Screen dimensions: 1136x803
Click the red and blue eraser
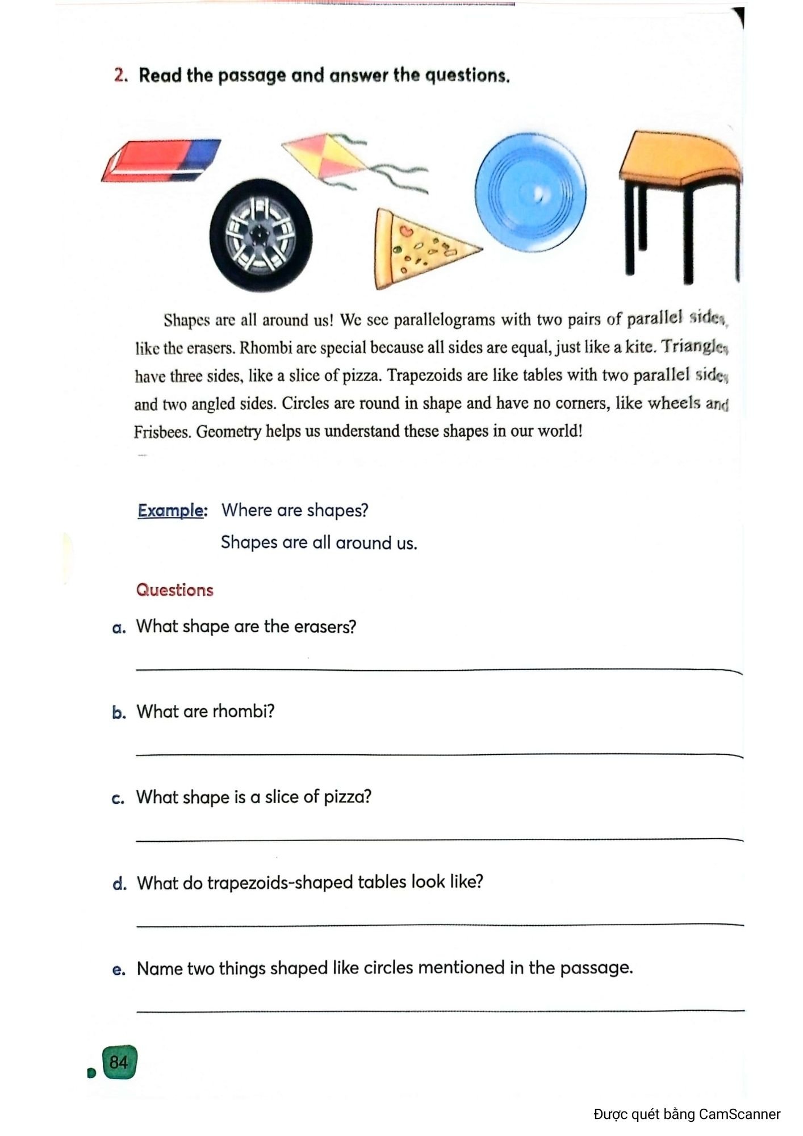tap(161, 160)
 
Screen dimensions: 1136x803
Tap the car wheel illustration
tap(261, 235)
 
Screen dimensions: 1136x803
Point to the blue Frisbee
tap(530, 193)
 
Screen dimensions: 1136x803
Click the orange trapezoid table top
tap(679, 158)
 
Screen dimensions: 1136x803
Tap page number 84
tap(119, 1062)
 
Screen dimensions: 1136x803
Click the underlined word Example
tap(170, 510)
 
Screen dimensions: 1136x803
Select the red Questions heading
tap(175, 590)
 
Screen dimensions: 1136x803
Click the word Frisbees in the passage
tap(162, 432)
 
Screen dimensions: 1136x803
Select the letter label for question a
tap(119, 628)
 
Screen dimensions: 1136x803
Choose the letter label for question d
tap(119, 883)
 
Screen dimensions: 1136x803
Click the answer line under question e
tap(440, 1010)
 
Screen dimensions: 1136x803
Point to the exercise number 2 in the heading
tap(119, 76)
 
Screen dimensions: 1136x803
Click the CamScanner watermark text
tap(687, 1114)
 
